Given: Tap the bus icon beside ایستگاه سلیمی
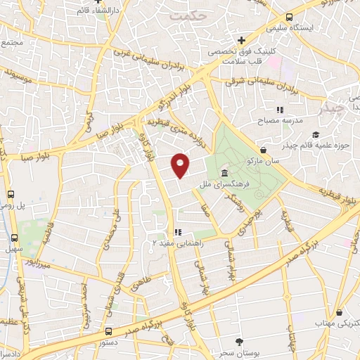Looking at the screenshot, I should pos(289,18).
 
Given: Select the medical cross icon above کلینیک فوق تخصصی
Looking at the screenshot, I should pos(241,40).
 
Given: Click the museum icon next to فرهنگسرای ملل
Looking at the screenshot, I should pos(224,174).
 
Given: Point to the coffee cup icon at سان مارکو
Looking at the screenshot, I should pos(263,150).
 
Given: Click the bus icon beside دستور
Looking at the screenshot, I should pos(108,330).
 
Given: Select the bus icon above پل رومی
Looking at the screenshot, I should pos(11,194).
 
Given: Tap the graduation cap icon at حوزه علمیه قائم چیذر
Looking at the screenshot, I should pos(316,134).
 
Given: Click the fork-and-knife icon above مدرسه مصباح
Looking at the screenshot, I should pos(280,110).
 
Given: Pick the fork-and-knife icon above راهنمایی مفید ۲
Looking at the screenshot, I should pos(179,231).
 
